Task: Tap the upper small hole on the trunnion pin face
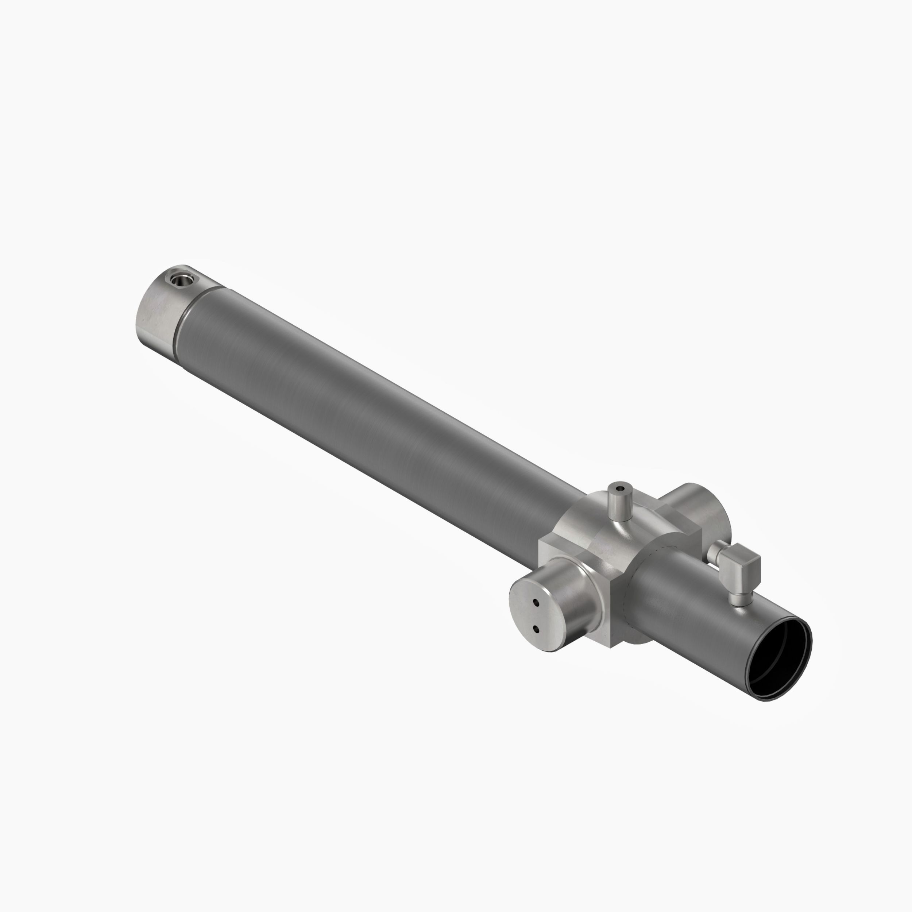[x=536, y=603]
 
